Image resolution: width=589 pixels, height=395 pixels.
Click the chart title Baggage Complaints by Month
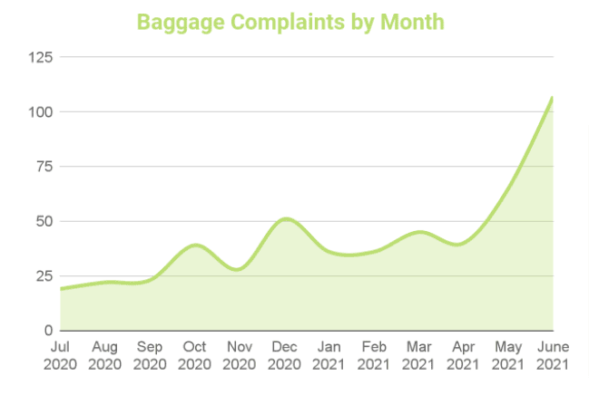(x=290, y=21)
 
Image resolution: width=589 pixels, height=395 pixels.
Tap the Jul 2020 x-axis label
(x=61, y=355)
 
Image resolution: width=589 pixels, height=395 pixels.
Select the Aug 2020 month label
(x=105, y=355)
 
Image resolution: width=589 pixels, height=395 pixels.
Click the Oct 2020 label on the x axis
(x=195, y=355)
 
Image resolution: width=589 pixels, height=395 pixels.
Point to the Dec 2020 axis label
(x=284, y=355)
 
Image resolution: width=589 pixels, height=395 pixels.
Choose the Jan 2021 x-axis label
(x=329, y=355)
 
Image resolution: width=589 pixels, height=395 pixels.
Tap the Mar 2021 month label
(x=418, y=355)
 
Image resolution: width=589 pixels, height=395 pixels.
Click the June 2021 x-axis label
(x=552, y=355)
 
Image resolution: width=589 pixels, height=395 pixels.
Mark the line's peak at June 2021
(x=552, y=97)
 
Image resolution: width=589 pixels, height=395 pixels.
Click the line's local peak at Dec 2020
(x=285, y=218)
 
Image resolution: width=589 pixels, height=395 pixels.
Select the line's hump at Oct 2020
(x=195, y=245)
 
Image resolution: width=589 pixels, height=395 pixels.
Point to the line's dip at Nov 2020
(x=238, y=269)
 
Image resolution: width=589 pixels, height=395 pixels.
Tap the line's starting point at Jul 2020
(x=61, y=289)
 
